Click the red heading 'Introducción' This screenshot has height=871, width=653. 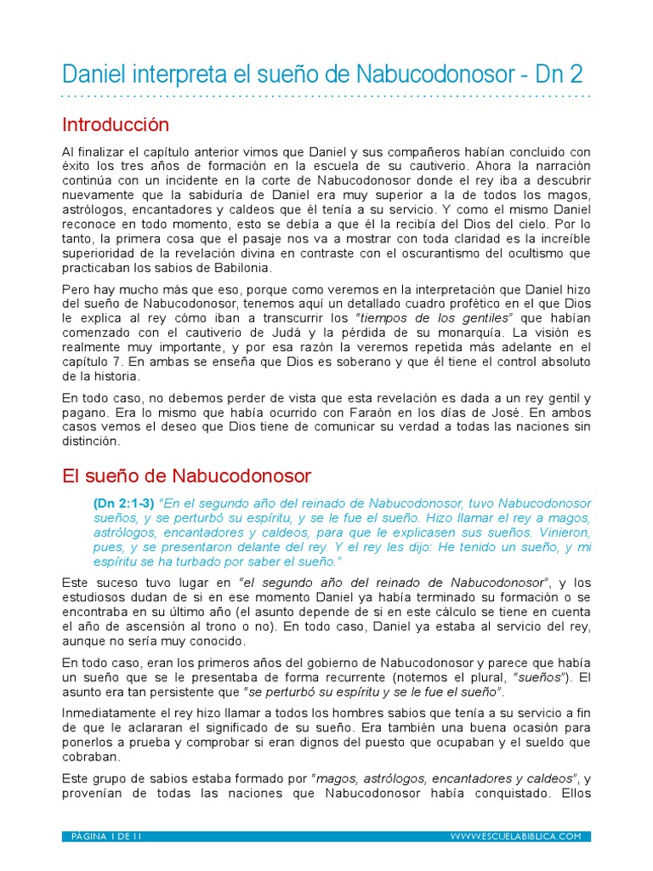[x=116, y=125]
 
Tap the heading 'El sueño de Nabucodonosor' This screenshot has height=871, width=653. [x=187, y=475]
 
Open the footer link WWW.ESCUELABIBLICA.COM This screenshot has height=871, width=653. [x=515, y=837]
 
